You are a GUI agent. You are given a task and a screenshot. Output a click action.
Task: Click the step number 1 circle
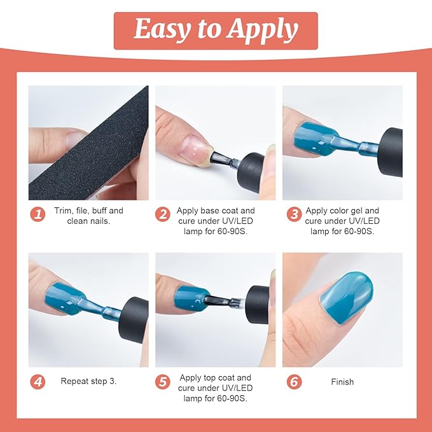[x=38, y=214]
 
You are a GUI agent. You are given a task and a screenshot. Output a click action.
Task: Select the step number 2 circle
[x=162, y=214]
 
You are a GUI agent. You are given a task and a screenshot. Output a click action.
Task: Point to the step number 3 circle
[x=294, y=214]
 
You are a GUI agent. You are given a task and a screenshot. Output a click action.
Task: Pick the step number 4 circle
[x=38, y=382]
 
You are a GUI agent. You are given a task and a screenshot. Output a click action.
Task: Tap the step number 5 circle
[x=162, y=382]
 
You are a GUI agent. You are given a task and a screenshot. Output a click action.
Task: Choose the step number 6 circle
[x=294, y=382]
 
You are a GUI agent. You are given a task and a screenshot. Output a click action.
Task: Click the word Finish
[x=342, y=382]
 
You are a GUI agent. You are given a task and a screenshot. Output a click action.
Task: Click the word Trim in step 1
[x=63, y=211]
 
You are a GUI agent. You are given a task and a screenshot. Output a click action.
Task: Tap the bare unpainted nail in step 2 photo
[x=193, y=146]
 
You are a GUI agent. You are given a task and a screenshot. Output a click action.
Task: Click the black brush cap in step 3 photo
[x=391, y=152]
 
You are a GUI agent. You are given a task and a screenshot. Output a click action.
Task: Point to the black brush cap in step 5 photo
[x=258, y=304]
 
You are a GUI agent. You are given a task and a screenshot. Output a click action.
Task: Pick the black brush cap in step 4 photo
[x=134, y=320]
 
